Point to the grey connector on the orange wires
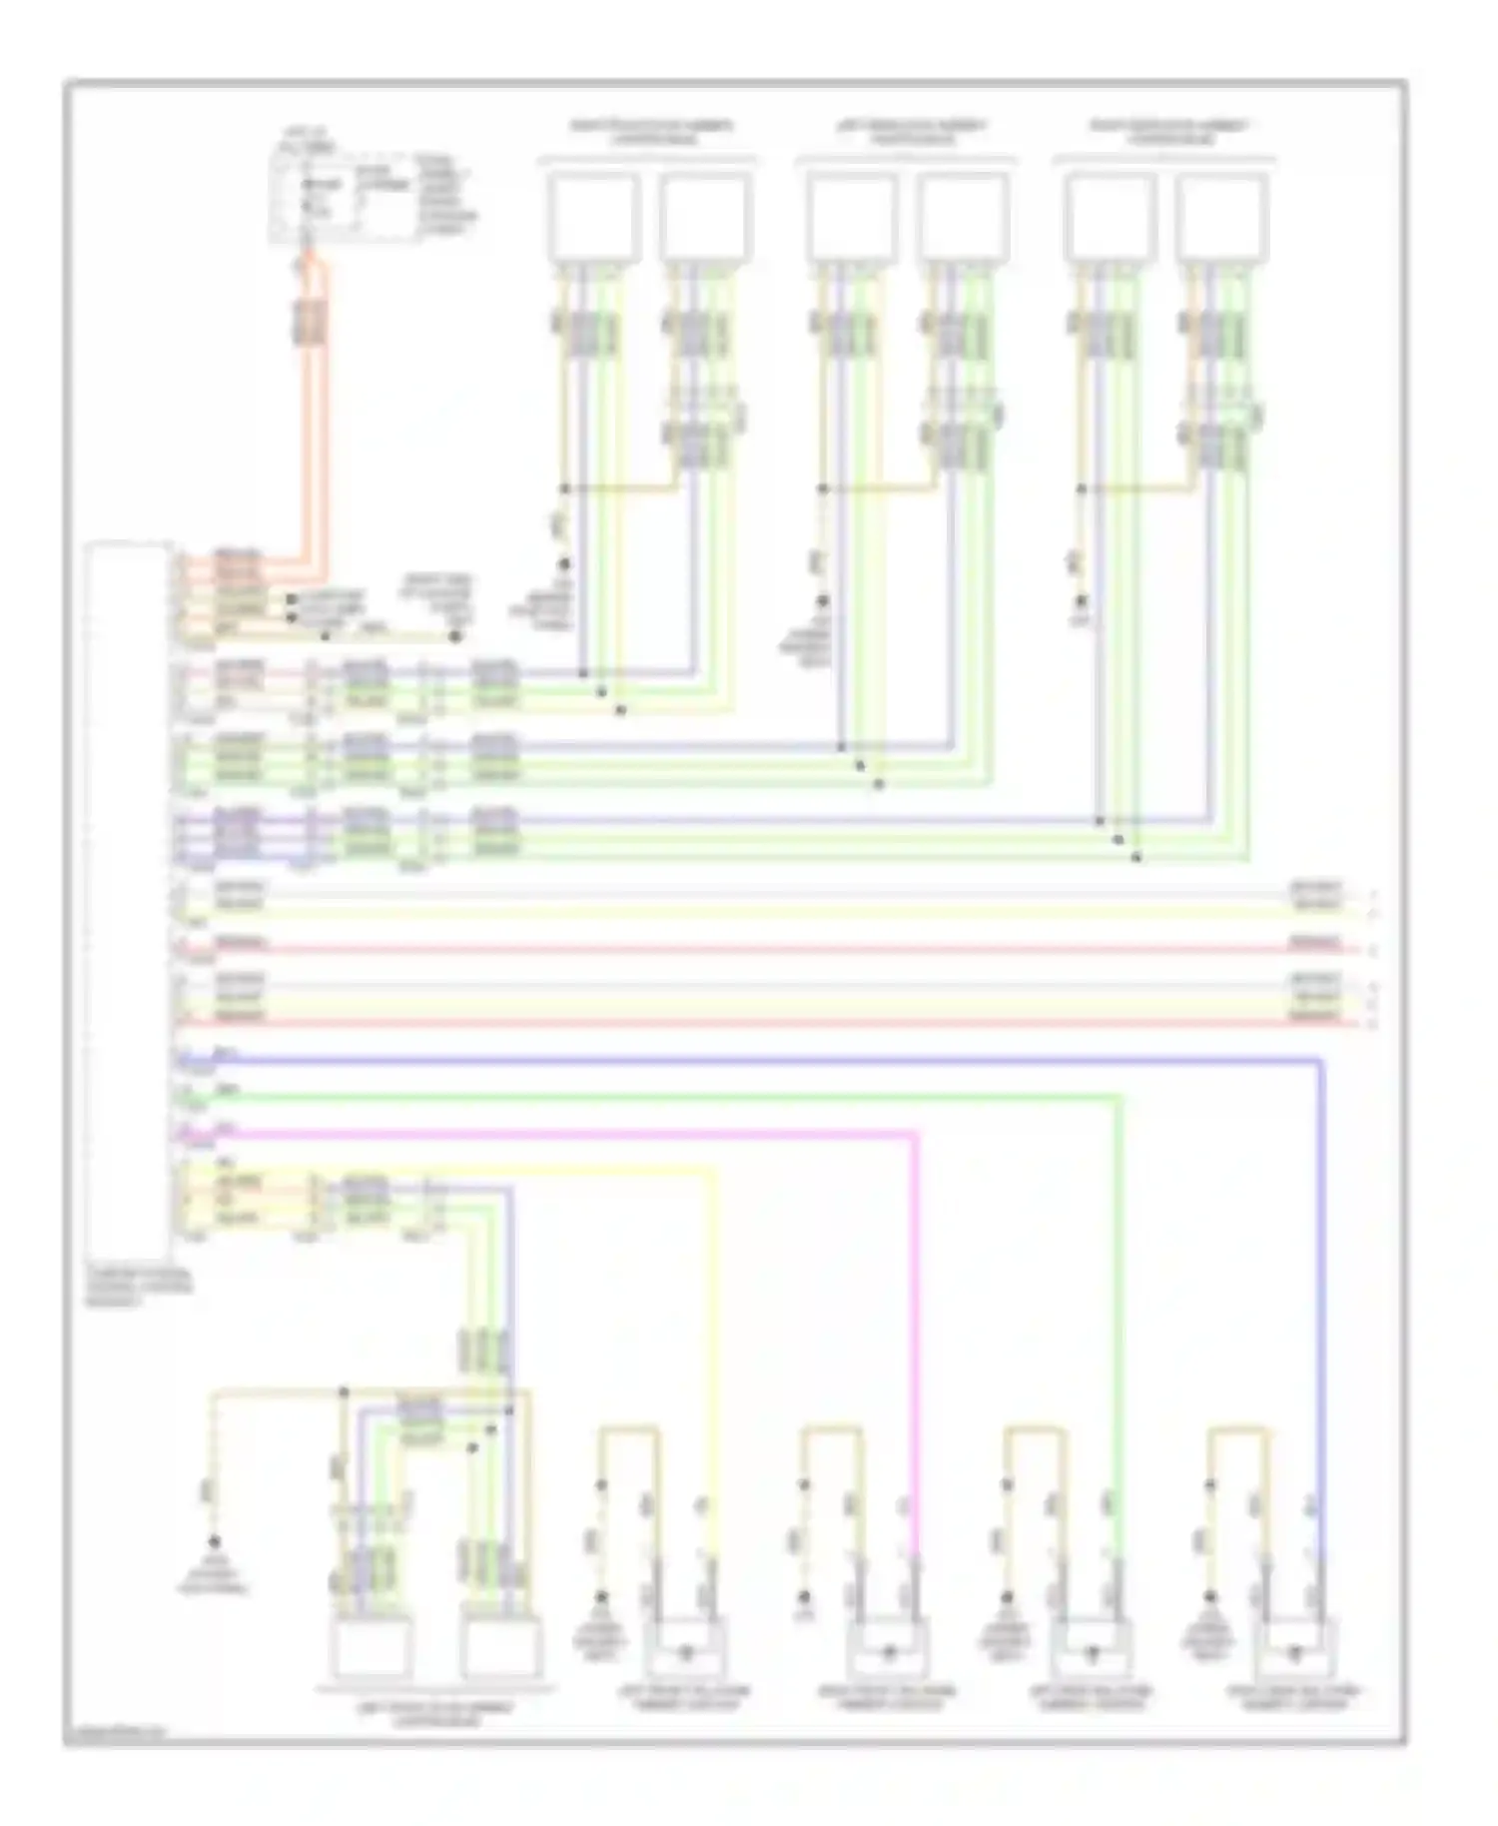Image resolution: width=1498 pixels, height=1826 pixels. click(311, 321)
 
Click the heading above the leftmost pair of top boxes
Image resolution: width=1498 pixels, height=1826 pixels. click(649, 132)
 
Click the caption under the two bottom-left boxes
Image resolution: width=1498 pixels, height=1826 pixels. click(434, 1714)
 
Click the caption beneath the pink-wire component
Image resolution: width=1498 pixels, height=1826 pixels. click(888, 1698)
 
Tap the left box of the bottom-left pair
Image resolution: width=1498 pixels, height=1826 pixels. click(371, 1650)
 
